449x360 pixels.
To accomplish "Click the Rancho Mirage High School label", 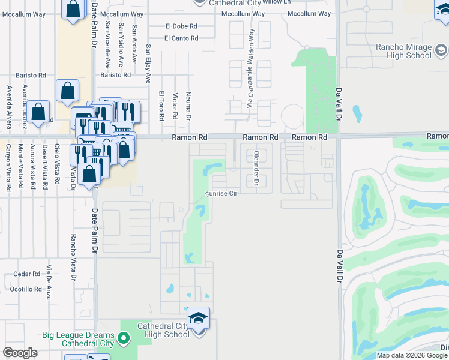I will [403, 51].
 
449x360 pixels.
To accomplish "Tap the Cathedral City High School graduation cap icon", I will [198, 319].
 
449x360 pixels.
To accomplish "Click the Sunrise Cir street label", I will [221, 194].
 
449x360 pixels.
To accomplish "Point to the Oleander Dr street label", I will [256, 168].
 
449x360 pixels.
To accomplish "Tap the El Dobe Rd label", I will [181, 26].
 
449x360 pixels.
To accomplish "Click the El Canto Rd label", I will [181, 38].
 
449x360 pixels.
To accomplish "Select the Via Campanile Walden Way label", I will [251, 69].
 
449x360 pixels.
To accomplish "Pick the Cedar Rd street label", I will [26, 274].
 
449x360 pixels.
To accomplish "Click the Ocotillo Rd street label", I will [25, 289].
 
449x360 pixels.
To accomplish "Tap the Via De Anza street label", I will [49, 281].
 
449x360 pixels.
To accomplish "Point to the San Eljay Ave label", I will [148, 63].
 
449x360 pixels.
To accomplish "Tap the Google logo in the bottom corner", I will [20, 353].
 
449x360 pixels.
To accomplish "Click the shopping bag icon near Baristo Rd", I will [67, 91].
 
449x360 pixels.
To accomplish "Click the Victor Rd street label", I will [175, 106].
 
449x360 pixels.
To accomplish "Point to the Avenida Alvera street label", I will [9, 107].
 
